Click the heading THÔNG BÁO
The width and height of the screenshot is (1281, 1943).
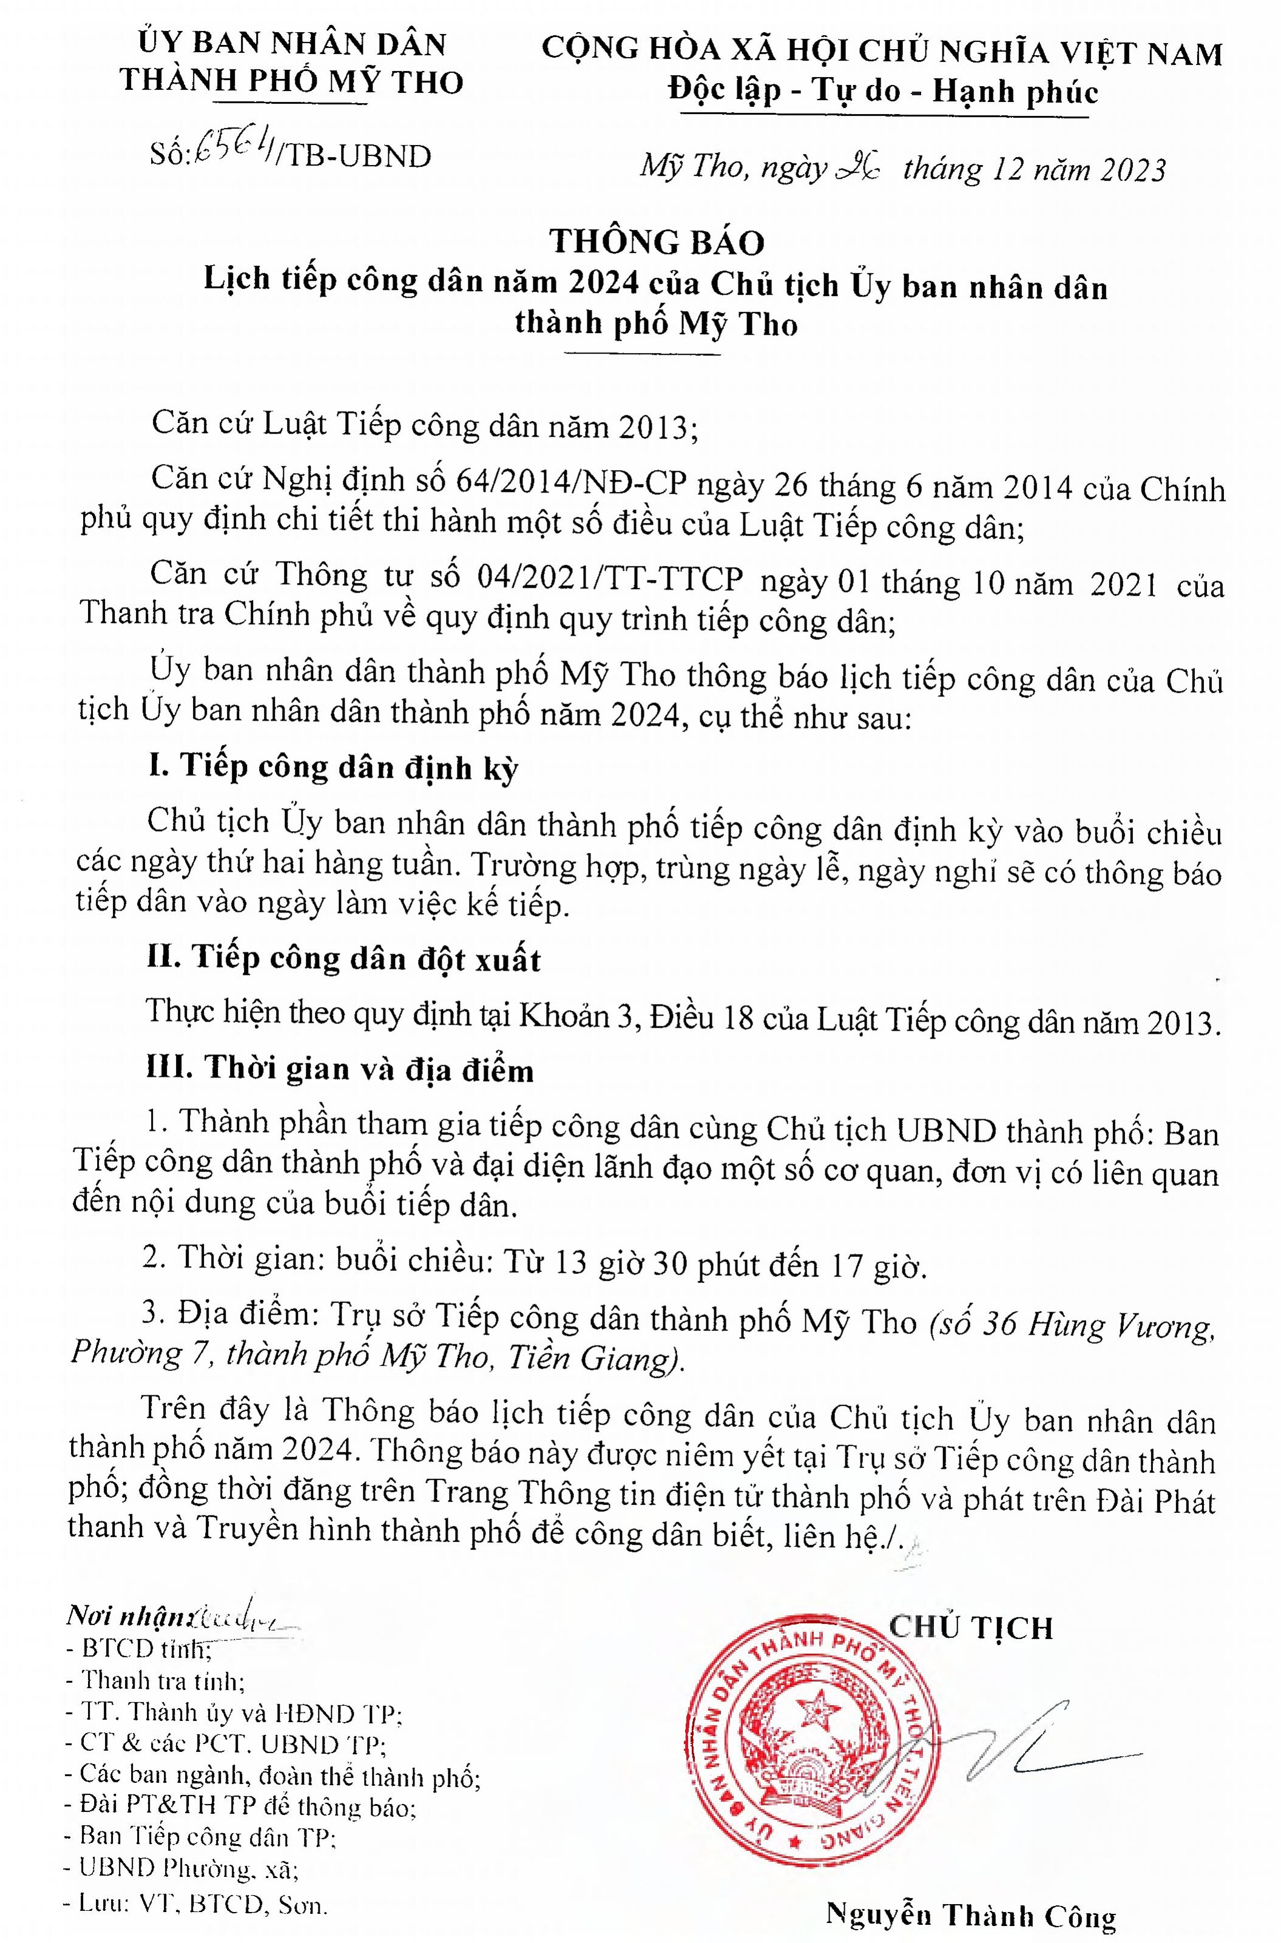click(x=657, y=243)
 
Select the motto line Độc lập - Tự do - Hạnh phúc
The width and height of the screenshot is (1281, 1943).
click(x=882, y=92)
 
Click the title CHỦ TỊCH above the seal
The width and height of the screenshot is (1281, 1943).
click(x=970, y=1627)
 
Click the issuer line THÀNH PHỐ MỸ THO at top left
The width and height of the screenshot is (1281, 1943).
click(x=292, y=80)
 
